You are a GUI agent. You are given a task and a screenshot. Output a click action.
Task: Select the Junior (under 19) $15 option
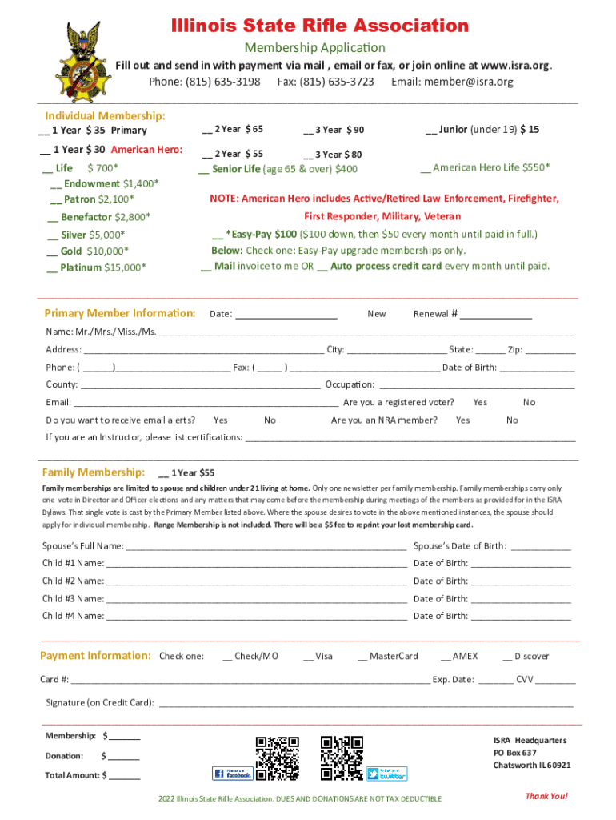(x=432, y=129)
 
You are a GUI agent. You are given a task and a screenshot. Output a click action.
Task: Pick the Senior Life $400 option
(x=205, y=169)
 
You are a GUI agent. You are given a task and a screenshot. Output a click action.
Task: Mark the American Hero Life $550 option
(x=426, y=167)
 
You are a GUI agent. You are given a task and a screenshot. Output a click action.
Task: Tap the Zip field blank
(x=550, y=350)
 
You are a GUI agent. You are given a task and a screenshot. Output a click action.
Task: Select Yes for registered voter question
(x=480, y=402)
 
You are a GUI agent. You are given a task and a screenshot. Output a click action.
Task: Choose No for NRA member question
(x=512, y=420)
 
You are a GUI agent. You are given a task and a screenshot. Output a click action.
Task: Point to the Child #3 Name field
(x=256, y=599)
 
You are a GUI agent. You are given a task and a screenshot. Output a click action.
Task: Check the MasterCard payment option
(x=363, y=657)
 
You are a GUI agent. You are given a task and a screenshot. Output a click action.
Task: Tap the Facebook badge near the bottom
(x=232, y=774)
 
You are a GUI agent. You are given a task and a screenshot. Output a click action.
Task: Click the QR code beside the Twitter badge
(x=342, y=758)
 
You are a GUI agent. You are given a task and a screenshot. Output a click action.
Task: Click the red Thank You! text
(x=546, y=796)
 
